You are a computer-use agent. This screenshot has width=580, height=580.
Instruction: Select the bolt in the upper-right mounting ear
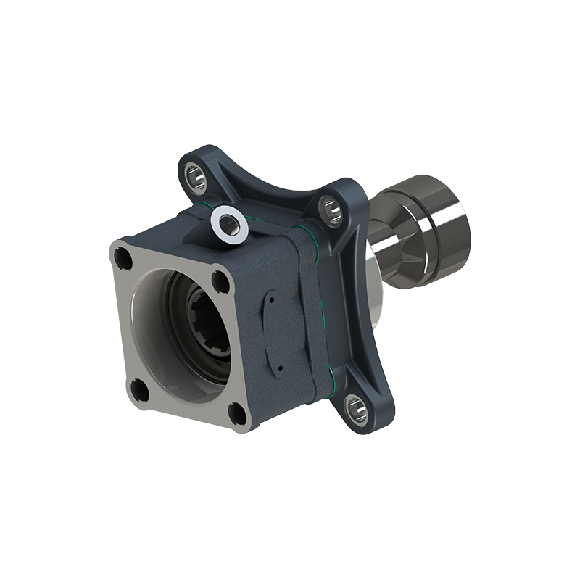point(331,209)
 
